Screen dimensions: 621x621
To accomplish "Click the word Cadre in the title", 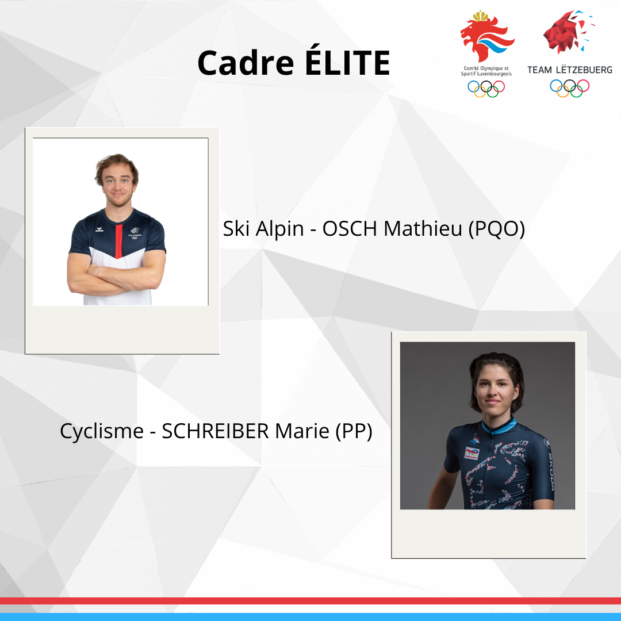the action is coord(246,63).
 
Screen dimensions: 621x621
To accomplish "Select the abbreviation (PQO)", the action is coord(497,229).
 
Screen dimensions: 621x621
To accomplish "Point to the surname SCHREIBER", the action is coord(216,431).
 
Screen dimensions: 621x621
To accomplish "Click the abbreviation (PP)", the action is coord(354,432).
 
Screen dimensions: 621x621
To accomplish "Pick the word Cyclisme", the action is coord(102,432).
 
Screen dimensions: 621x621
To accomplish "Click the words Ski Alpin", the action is coord(263,229).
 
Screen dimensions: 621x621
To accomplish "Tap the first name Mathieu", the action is coord(423,228).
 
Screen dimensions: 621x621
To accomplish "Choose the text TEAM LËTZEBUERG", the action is coord(569,70).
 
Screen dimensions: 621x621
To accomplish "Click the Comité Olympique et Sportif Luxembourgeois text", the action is coord(486,71).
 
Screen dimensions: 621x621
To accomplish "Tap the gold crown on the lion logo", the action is coord(481,16).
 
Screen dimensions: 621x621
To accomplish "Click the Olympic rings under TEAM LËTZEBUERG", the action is coord(569,88).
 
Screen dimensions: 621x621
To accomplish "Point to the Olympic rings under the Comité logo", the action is coord(486,89).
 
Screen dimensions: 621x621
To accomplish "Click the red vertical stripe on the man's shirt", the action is coord(118,241).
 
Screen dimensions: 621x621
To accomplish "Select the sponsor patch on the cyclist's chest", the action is coord(472,453).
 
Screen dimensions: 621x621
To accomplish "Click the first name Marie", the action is coord(302,431).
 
